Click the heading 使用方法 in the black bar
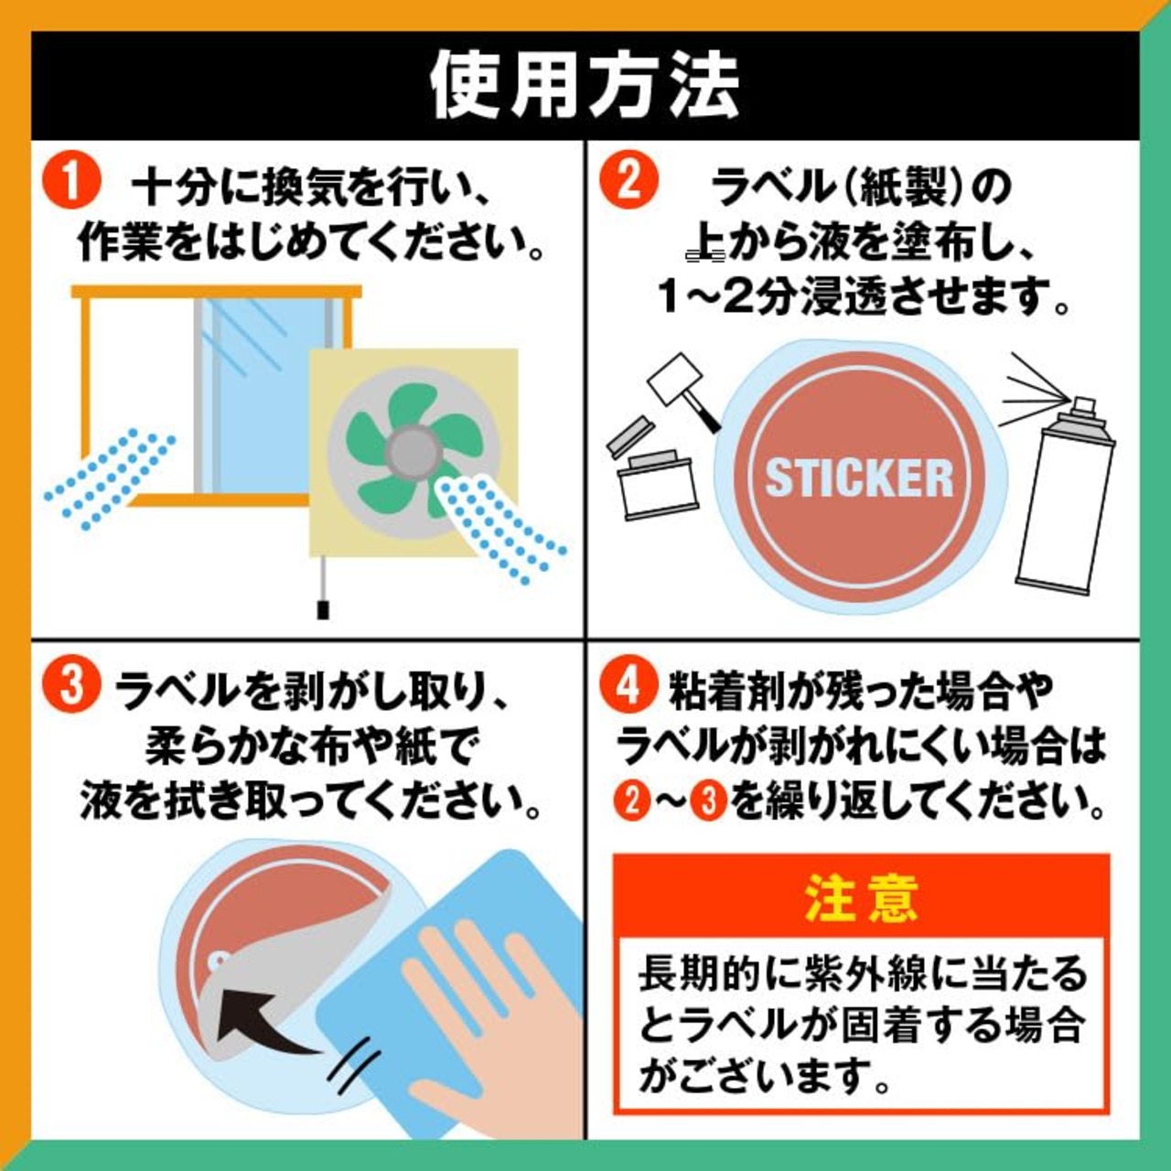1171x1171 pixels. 585,86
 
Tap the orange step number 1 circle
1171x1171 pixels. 71,181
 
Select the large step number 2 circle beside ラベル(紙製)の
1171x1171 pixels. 628,180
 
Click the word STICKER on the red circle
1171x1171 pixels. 859,478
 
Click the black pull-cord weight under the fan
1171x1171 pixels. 323,609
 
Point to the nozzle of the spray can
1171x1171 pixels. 1085,405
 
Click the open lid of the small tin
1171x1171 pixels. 628,437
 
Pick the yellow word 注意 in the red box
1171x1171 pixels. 861,899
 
